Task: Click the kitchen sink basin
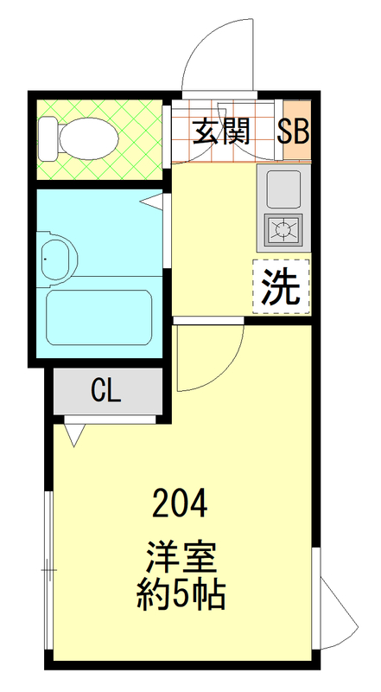[x=283, y=188]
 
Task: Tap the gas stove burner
[x=283, y=229]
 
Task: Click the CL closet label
[x=106, y=391]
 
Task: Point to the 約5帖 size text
[x=181, y=595]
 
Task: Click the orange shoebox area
[x=295, y=130]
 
